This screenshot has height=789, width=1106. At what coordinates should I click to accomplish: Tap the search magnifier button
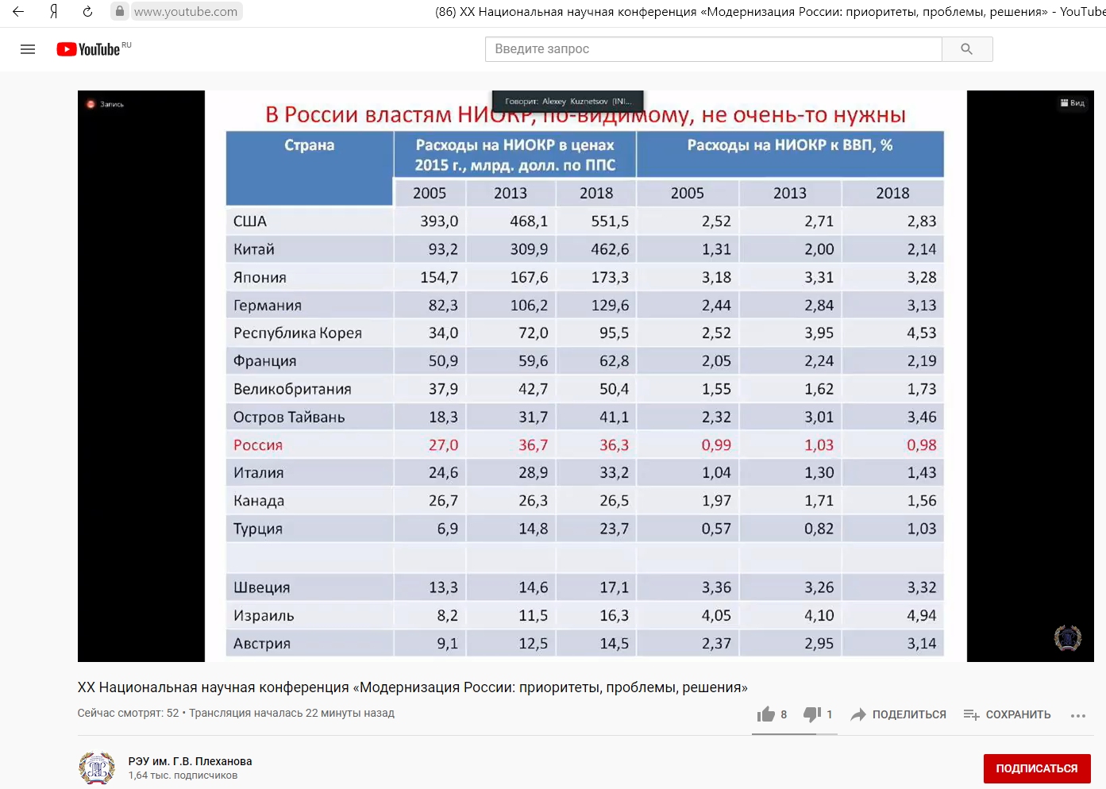[x=966, y=49]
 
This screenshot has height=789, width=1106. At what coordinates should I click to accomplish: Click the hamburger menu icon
[x=28, y=49]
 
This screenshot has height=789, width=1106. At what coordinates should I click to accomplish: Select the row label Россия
[x=257, y=445]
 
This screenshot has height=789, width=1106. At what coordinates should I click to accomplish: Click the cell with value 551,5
[x=609, y=221]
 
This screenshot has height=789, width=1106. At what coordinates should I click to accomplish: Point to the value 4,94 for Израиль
[x=921, y=616]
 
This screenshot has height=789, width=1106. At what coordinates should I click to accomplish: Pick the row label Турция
[x=257, y=529]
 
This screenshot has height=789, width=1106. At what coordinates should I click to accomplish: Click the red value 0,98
[x=921, y=445]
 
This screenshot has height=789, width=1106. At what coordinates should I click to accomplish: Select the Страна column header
[x=309, y=145]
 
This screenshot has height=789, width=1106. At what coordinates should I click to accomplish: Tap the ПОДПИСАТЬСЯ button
[x=1036, y=768]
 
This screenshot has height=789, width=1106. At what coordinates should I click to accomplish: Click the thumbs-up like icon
[x=765, y=714]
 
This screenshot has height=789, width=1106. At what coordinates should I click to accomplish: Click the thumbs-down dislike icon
[x=811, y=714]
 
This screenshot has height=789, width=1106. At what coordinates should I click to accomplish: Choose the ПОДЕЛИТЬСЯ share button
[x=898, y=714]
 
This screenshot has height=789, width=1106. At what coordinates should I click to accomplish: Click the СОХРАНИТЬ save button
[x=1007, y=714]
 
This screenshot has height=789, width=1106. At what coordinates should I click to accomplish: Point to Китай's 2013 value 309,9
[x=529, y=249]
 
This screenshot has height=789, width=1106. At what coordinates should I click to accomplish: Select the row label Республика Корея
[x=297, y=333]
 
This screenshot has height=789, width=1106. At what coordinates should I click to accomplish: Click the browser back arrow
[x=18, y=12]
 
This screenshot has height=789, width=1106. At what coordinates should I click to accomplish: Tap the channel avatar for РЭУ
[x=97, y=768]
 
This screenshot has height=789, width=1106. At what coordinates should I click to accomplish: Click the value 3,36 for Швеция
[x=715, y=588]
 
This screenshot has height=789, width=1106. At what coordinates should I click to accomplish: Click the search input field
[x=713, y=49]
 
